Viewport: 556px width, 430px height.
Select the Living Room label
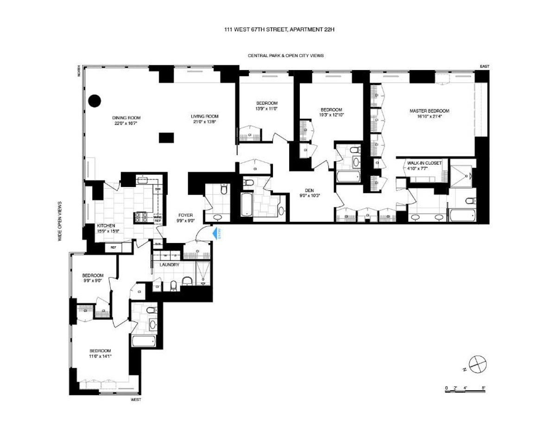(x=204, y=116)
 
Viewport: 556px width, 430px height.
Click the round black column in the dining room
(x=95, y=100)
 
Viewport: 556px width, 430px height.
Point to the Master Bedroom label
(x=429, y=111)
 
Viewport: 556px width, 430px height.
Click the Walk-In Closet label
(x=424, y=163)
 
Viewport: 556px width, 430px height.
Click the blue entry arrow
(x=215, y=233)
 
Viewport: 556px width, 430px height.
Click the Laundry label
(x=169, y=264)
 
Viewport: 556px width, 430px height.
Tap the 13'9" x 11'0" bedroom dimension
(x=266, y=109)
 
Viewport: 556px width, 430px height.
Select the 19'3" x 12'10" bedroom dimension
(x=331, y=114)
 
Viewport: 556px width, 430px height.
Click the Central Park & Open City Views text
(x=285, y=55)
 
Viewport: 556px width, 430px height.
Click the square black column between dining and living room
(x=166, y=137)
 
